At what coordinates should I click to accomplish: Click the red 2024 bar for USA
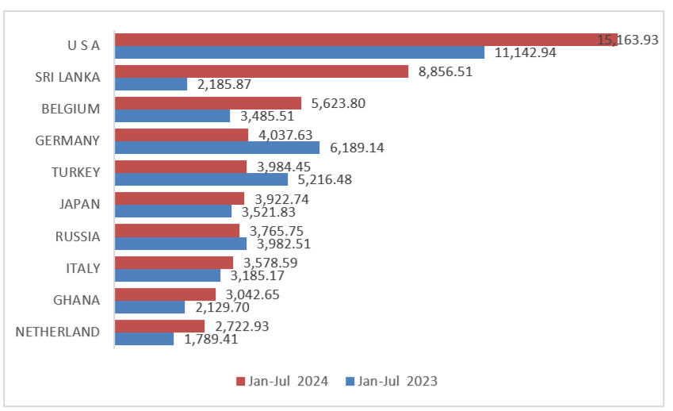[x=357, y=40]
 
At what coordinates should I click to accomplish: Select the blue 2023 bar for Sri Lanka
[x=151, y=84]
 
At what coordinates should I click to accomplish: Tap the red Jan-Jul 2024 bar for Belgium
[x=208, y=103]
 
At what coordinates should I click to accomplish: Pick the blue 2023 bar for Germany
[x=217, y=148]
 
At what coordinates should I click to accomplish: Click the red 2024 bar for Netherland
[x=159, y=325]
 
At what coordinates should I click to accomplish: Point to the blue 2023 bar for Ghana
[x=150, y=307]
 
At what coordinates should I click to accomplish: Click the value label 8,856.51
[x=445, y=71]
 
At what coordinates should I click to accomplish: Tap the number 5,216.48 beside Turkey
[x=324, y=179]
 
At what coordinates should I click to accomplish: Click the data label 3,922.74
[x=282, y=198]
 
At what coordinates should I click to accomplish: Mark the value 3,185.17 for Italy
[x=258, y=275]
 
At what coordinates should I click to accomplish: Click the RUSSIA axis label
[x=78, y=236]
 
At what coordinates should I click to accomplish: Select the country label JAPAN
[x=80, y=205]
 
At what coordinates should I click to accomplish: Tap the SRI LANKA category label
[x=68, y=77]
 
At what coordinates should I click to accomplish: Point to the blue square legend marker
[x=350, y=382]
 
